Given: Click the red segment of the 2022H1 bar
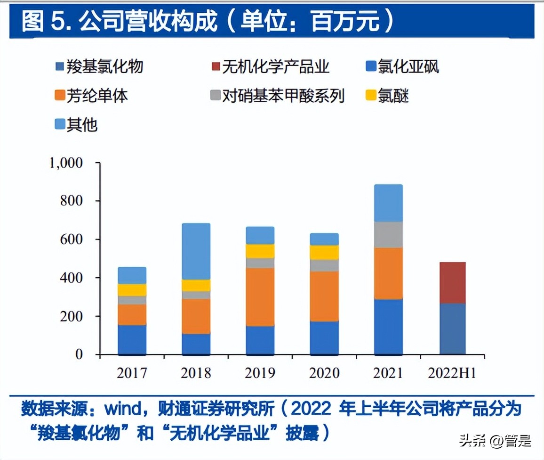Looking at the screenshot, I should [x=452, y=283].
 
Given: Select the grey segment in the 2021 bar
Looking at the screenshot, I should [x=388, y=235].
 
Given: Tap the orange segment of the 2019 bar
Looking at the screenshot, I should [x=260, y=297].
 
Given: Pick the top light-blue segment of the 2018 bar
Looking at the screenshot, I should [x=196, y=251].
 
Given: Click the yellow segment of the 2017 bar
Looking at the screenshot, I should [x=132, y=290].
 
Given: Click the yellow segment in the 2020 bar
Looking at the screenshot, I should [x=324, y=252].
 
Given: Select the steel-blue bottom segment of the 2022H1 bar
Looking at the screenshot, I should [x=452, y=329].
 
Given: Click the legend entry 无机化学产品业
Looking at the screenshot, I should [x=275, y=66].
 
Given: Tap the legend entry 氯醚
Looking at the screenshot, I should [x=393, y=96].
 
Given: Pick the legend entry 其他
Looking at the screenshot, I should [x=82, y=125].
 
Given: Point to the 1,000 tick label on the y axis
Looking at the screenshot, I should [x=65, y=163].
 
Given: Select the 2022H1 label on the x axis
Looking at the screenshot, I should [x=452, y=373].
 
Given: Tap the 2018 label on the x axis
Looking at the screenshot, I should [x=196, y=373].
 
